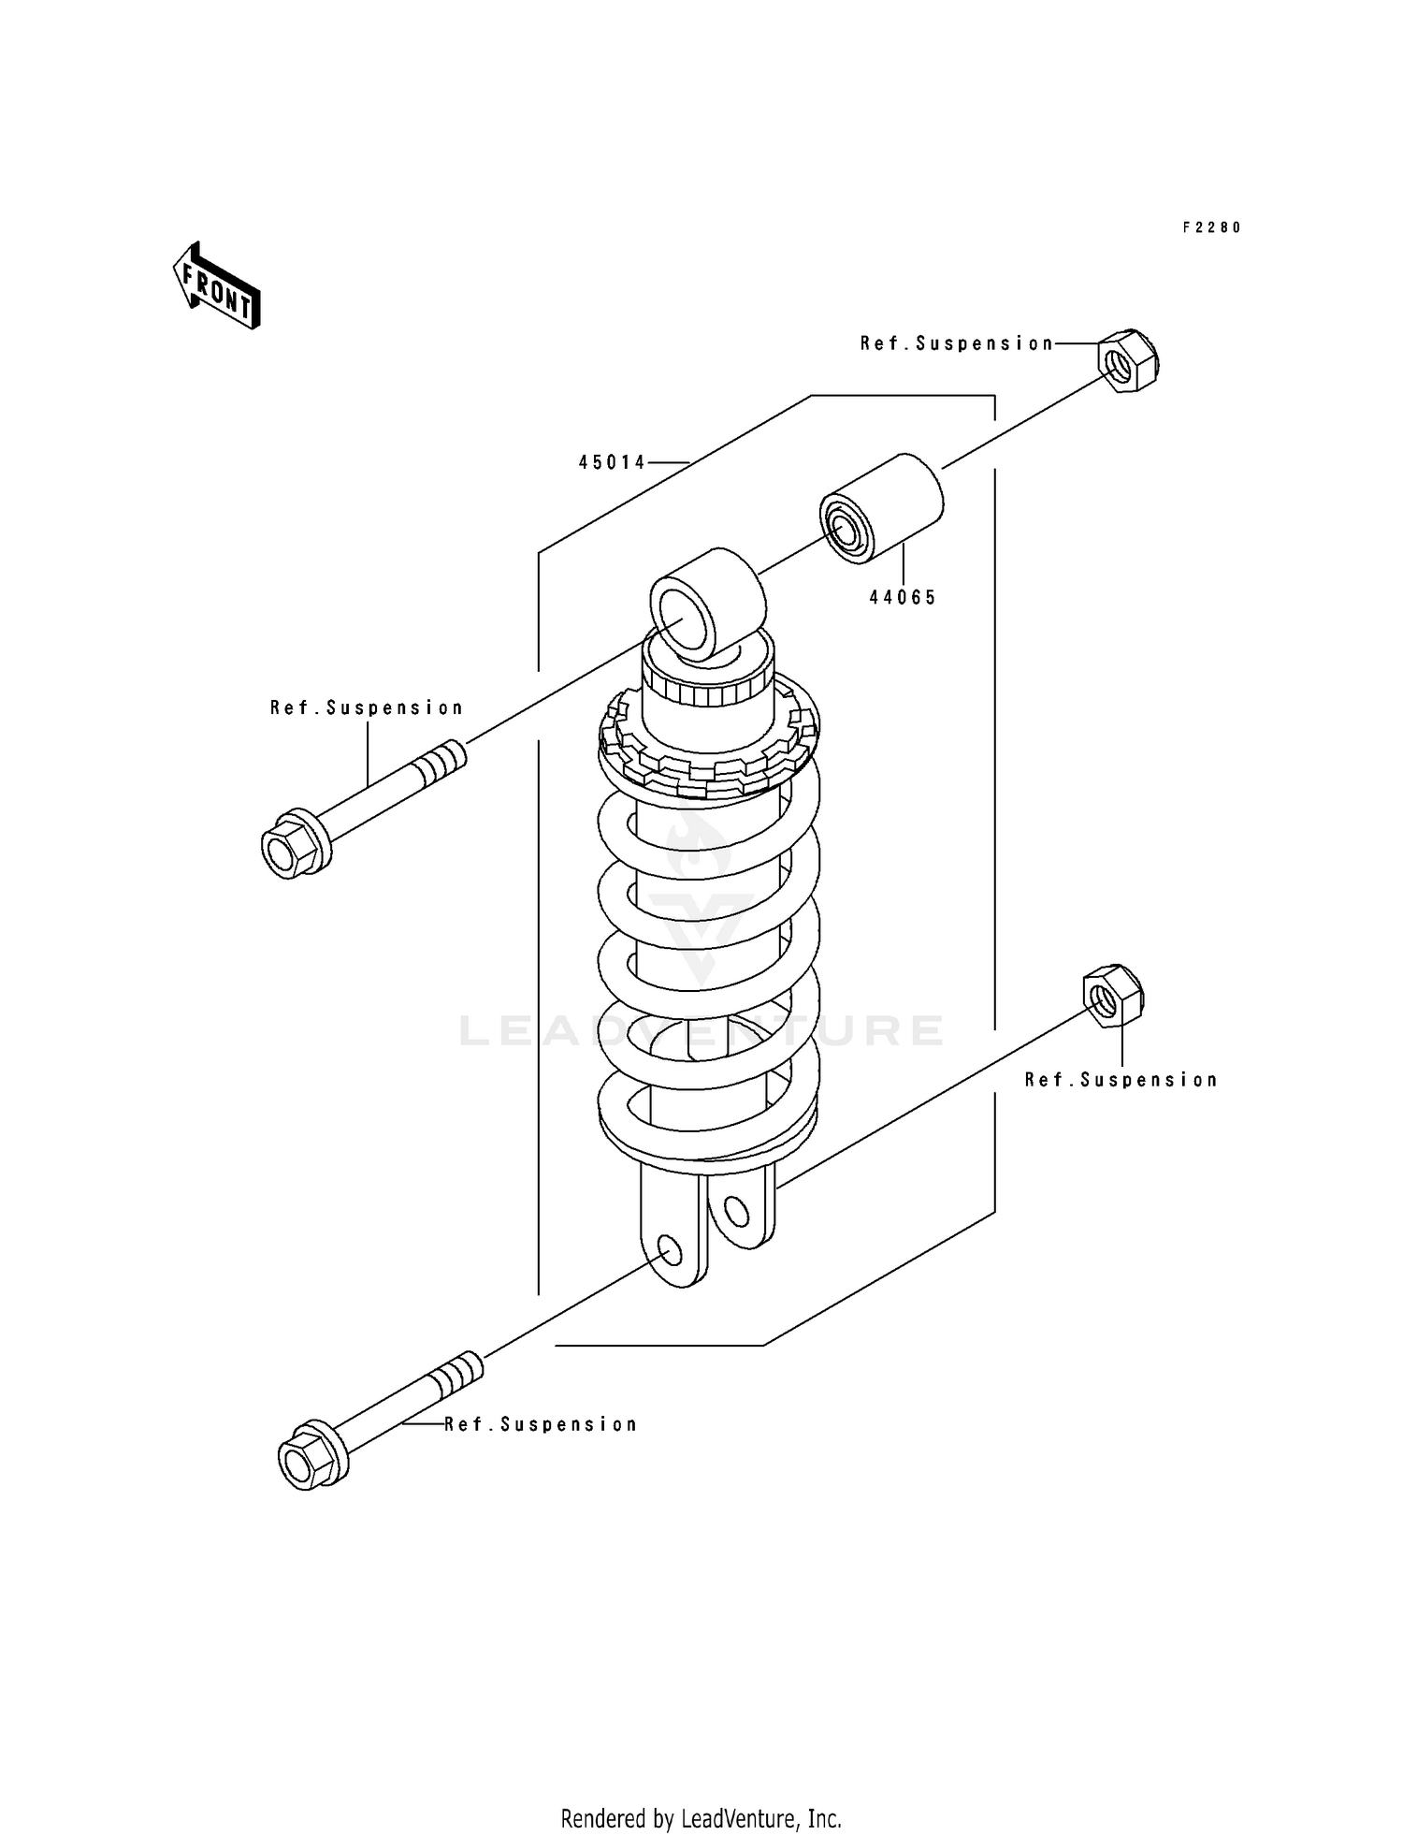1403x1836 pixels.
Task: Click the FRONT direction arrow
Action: (216, 285)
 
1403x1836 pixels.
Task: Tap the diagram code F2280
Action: (1211, 227)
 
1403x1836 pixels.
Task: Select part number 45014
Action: (612, 462)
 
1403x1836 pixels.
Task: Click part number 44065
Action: (902, 598)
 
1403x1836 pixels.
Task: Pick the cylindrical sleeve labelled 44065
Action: (881, 508)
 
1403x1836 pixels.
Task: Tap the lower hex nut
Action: (1113, 998)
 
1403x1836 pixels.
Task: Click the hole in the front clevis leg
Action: (669, 1249)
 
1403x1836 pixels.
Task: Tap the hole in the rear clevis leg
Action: (736, 1213)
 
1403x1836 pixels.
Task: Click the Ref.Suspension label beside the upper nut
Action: (957, 344)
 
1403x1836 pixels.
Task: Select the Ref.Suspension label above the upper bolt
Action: (367, 708)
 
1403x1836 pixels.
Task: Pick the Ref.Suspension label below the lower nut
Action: (1121, 1080)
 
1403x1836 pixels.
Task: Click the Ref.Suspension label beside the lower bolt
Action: (541, 1424)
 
